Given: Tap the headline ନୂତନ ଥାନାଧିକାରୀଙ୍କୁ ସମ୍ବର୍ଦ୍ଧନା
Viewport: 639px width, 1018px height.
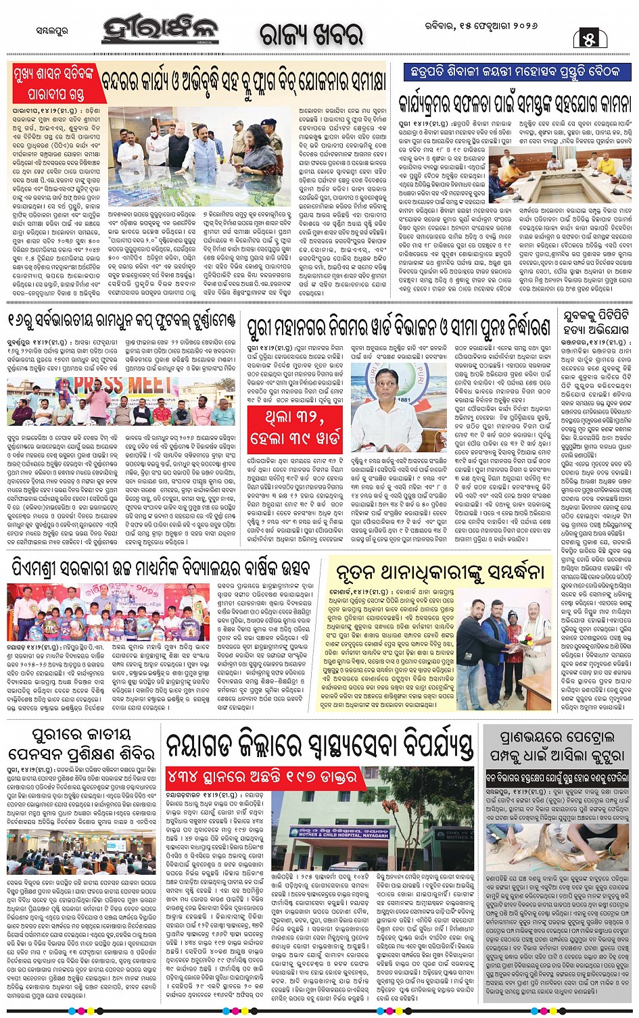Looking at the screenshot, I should pos(440,572).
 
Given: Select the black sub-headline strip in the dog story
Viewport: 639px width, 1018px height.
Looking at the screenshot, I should pos(558,777).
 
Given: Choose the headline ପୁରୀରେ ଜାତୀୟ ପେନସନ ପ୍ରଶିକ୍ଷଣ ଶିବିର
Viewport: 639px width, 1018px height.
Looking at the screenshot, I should pos(80,744).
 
